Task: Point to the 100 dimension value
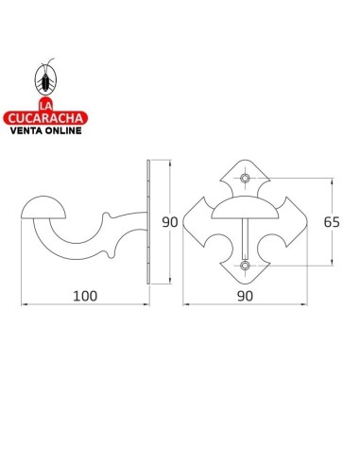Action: pos(86,295)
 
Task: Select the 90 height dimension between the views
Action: pos(170,223)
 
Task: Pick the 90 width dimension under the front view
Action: pos(245,295)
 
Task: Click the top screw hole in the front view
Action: pos(245,178)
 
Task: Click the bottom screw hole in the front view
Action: pos(245,267)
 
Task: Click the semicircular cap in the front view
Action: pos(245,209)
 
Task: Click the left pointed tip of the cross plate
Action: pos(183,223)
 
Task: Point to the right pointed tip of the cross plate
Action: pos(306,223)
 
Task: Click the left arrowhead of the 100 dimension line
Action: pos(25,304)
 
